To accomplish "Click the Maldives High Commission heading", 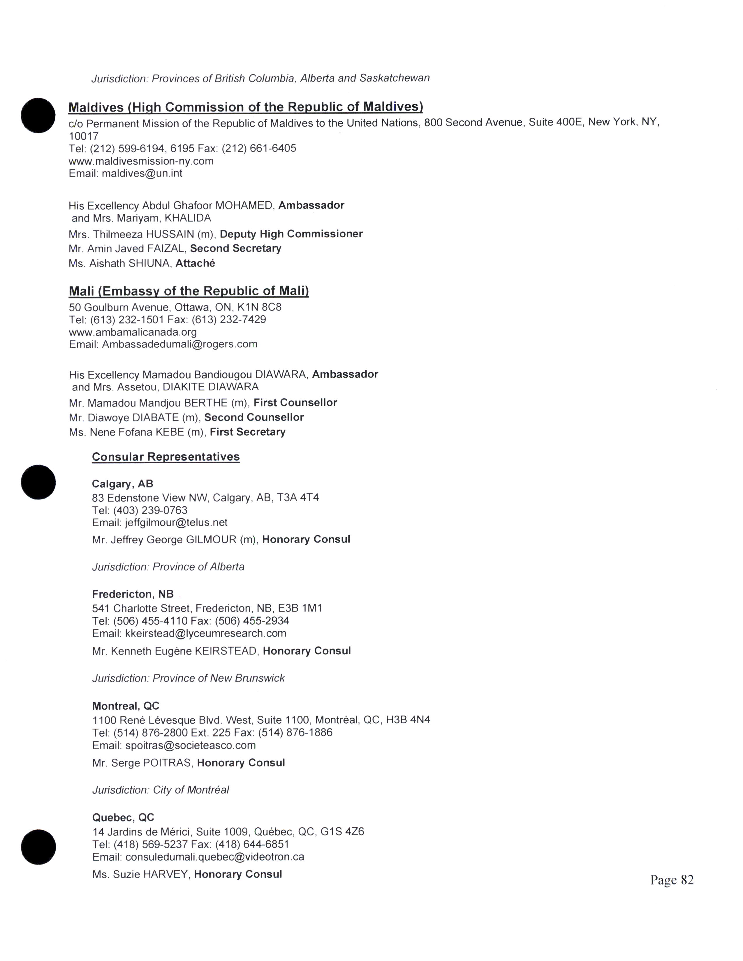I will pos(246,107).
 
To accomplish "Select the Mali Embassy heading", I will pos(189,291).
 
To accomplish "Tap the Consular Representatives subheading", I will pos(166,457).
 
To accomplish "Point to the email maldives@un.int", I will pos(142,173).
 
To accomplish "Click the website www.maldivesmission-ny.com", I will pos(141,161).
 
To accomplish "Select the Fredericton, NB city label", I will pos(133,594).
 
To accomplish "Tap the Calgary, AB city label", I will pos(122,484).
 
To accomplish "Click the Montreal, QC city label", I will pos(126,706).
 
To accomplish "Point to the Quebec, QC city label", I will pos(123,817).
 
